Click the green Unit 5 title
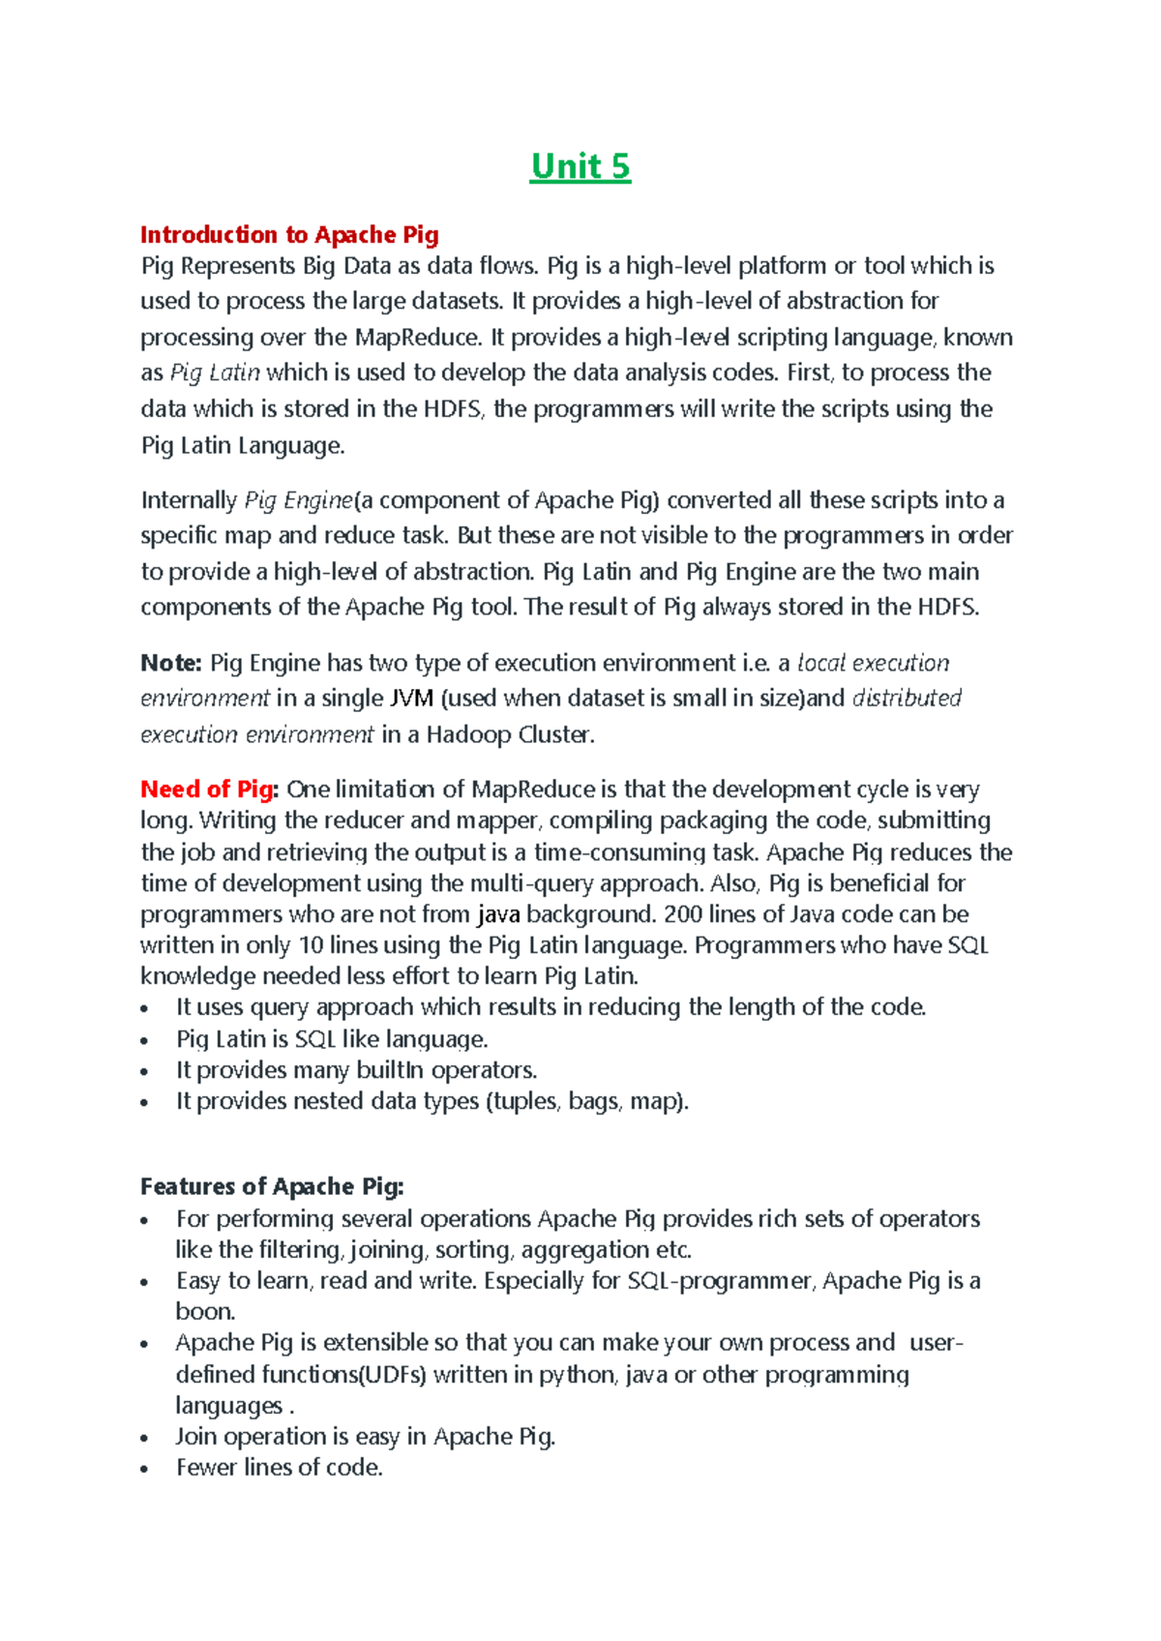[x=580, y=167]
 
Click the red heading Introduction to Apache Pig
[x=289, y=235]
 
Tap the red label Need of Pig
[x=208, y=790]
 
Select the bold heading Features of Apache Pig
[x=272, y=1186]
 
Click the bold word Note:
[x=171, y=663]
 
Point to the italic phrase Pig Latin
[x=215, y=373]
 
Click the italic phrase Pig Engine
[x=299, y=500]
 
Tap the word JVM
[x=411, y=699]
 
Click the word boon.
[x=205, y=1312]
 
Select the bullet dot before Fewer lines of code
[x=145, y=1470]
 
